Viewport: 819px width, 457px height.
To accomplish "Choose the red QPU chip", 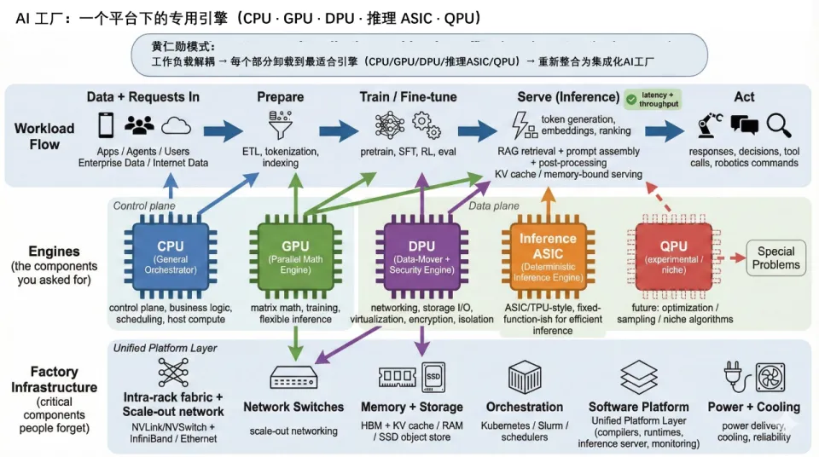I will (674, 253).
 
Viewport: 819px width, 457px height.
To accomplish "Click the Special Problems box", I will (776, 257).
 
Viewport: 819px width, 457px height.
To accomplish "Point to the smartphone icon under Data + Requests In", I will (106, 125).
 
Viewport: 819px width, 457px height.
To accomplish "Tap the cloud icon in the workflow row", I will (176, 125).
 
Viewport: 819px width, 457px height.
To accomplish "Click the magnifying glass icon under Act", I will (778, 126).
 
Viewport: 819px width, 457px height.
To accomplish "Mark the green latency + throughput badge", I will (653, 99).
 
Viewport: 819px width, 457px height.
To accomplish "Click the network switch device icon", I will (293, 377).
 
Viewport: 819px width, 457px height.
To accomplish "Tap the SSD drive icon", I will (434, 376).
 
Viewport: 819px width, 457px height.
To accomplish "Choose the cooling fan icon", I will (770, 378).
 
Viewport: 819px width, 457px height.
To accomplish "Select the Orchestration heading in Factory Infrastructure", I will (525, 407).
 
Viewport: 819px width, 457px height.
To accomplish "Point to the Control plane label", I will (143, 205).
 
